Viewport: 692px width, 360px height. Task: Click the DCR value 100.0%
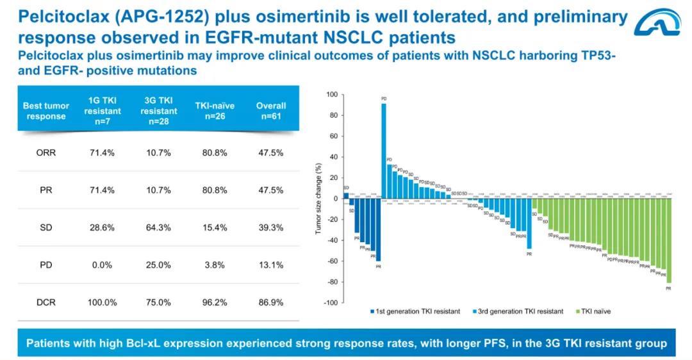coord(102,302)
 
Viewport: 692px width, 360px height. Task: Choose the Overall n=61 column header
coord(271,111)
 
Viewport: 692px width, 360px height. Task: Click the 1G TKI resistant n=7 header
coord(102,111)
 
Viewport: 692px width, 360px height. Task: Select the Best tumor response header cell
coord(45,111)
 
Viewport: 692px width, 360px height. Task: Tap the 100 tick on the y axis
coord(331,95)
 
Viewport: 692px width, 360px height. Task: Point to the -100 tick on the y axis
coord(330,303)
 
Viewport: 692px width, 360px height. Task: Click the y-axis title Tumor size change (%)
coord(318,199)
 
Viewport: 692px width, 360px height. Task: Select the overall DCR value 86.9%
coord(271,302)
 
